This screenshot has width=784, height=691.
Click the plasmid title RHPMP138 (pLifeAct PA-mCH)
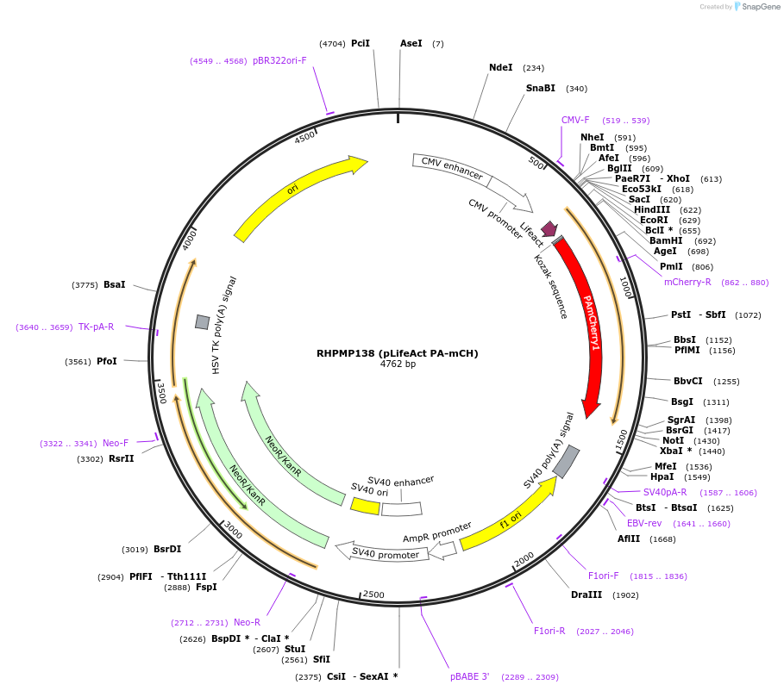click(x=397, y=353)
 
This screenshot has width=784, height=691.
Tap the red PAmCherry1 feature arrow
click(x=588, y=327)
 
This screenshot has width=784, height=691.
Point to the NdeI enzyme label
click(x=500, y=67)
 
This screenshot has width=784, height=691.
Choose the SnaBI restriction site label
click(x=541, y=88)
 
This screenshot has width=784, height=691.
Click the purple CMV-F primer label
click(x=575, y=120)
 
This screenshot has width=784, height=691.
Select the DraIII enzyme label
click(x=586, y=595)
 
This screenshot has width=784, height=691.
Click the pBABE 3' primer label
click(x=470, y=676)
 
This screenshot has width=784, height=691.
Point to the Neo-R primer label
click(x=247, y=622)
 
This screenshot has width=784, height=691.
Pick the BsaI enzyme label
click(x=115, y=284)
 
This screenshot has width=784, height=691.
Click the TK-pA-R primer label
click(x=97, y=327)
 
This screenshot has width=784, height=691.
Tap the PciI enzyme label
click(x=361, y=43)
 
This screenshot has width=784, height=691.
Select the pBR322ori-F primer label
click(x=279, y=60)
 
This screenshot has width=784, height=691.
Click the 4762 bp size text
click(x=398, y=364)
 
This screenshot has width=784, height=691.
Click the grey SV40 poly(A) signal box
click(x=566, y=463)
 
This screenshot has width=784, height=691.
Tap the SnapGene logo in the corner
click(x=757, y=6)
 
